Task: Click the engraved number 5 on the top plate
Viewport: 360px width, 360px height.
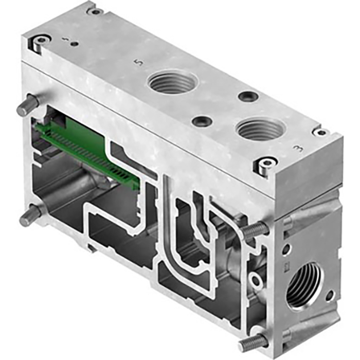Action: coord(137,63)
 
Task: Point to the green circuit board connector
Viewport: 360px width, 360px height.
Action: coord(87,146)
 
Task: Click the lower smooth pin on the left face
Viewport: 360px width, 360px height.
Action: coord(30,217)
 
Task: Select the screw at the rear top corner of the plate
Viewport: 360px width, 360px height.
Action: coord(95,11)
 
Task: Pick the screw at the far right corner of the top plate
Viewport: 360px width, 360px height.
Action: coord(321,133)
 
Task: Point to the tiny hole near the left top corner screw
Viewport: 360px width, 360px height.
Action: coord(75,44)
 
